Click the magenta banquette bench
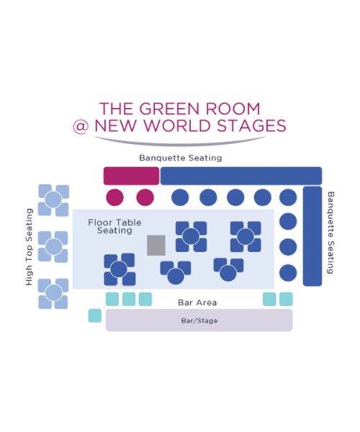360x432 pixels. pyautogui.click(x=131, y=176)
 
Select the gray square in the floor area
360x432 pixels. pyautogui.click(x=156, y=246)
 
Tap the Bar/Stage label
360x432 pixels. pyautogui.click(x=199, y=320)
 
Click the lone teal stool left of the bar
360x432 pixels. pyautogui.click(x=95, y=315)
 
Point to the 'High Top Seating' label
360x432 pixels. pyautogui.click(x=29, y=247)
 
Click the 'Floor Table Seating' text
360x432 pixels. pyautogui.click(x=114, y=226)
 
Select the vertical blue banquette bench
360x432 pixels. pyautogui.click(x=312, y=236)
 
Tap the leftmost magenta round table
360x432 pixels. pyautogui.click(x=115, y=197)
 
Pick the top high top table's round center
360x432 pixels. pyautogui.click(x=53, y=199)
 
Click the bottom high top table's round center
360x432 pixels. pyautogui.click(x=53, y=293)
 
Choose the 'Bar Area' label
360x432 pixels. pyautogui.click(x=197, y=302)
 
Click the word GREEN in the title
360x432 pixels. pyautogui.click(x=169, y=109)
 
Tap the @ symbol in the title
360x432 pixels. pyautogui.click(x=81, y=127)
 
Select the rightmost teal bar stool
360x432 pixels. pyautogui.click(x=286, y=300)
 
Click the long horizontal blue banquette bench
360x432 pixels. pyautogui.click(x=241, y=176)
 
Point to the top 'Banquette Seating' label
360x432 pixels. pyautogui.click(x=181, y=158)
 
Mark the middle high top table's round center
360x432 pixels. pyautogui.click(x=53, y=246)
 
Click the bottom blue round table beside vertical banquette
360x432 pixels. pyautogui.click(x=288, y=273)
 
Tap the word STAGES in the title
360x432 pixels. pyautogui.click(x=251, y=126)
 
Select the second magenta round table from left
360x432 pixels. pyautogui.click(x=145, y=197)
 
